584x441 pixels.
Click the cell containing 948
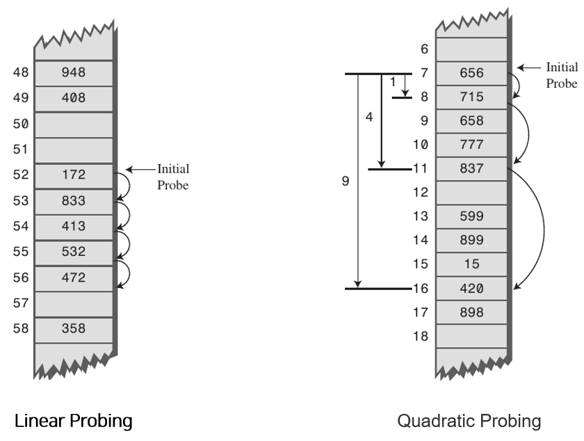72,72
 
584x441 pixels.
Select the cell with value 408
72,98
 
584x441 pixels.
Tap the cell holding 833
72,201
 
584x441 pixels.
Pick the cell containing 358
72,329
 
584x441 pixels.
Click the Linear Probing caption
74,421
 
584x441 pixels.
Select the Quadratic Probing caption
469,421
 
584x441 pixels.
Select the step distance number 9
346,182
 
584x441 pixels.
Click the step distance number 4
369,117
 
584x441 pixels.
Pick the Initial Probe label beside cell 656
561,75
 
